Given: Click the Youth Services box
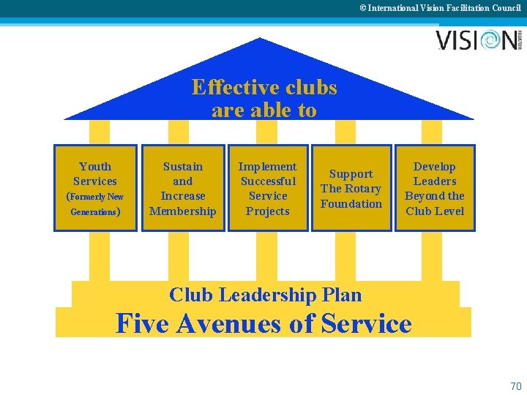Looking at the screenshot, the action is pos(95,188).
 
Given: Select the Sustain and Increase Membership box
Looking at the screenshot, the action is pos(183,188).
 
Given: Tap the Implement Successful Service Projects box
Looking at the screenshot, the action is pos(268,188).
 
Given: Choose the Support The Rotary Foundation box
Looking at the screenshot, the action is pos(351,188).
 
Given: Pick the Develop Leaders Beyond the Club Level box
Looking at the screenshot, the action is pos(435,188).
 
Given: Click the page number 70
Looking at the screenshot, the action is pos(515,385).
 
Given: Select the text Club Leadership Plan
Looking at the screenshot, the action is pos(265,295).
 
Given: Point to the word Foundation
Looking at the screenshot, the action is pos(351,203).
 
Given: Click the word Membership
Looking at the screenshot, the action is pos(183,211).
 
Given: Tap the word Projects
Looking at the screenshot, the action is pos(268,211).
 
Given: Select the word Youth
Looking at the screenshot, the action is pos(95,167).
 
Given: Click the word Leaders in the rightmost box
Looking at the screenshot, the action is pos(435,181).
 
